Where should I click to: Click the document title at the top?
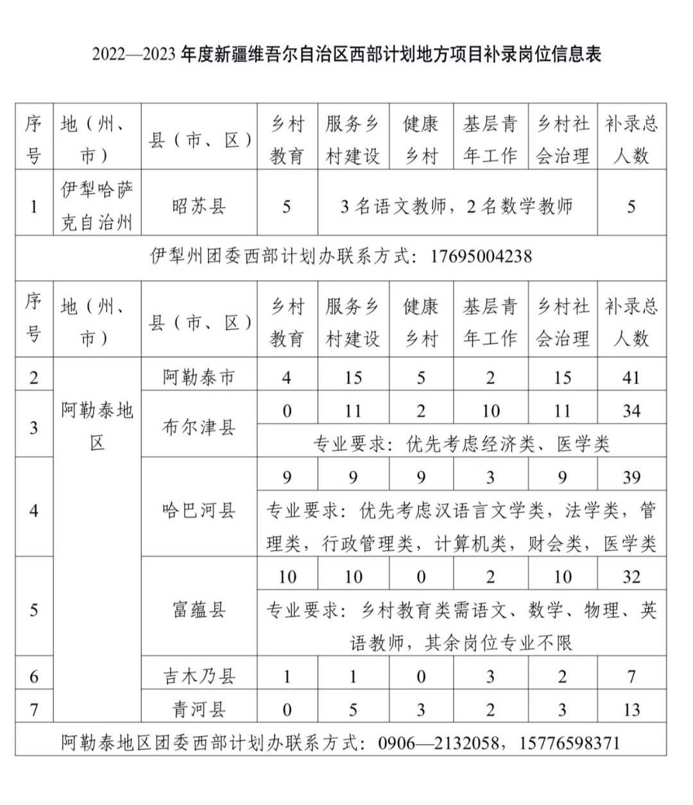point(346,55)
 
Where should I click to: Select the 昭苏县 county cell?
point(199,207)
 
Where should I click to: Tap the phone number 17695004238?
point(481,257)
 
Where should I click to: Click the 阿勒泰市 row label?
point(199,377)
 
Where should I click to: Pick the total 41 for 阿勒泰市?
point(631,377)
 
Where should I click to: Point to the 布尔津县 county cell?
point(199,427)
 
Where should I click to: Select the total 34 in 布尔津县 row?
point(631,411)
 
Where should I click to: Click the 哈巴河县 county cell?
point(199,511)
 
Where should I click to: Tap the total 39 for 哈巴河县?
point(631,477)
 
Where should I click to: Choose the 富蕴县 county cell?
point(199,609)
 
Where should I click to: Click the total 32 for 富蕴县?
point(631,577)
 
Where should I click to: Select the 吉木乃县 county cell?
point(199,676)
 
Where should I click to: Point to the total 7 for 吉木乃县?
point(631,676)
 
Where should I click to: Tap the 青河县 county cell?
point(199,709)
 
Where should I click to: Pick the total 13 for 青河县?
point(631,709)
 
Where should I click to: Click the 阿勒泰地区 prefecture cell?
point(98,426)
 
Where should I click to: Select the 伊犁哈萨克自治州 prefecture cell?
point(98,207)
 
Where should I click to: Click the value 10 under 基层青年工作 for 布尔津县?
point(490,411)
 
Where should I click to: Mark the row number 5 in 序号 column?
point(34,609)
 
